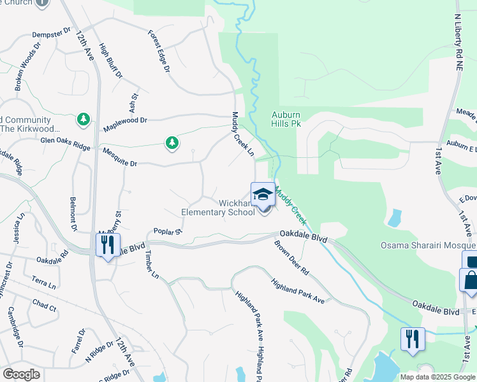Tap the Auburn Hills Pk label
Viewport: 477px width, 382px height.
(x=286, y=119)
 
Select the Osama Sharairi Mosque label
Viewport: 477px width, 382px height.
(x=428, y=245)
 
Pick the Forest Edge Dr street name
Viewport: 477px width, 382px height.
(x=158, y=51)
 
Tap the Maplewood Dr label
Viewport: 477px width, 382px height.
(x=125, y=120)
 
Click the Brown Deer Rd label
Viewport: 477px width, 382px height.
(x=291, y=257)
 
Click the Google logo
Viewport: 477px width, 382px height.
(x=21, y=374)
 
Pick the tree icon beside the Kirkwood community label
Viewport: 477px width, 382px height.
(x=83, y=119)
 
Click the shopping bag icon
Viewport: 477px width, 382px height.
(x=471, y=281)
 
